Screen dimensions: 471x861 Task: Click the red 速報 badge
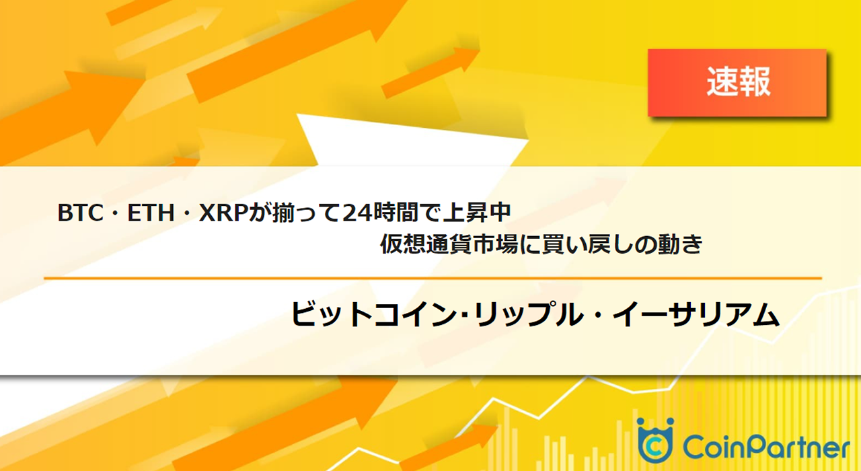[737, 82]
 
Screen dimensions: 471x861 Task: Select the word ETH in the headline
[147, 214]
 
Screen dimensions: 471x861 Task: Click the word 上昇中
[481, 214]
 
